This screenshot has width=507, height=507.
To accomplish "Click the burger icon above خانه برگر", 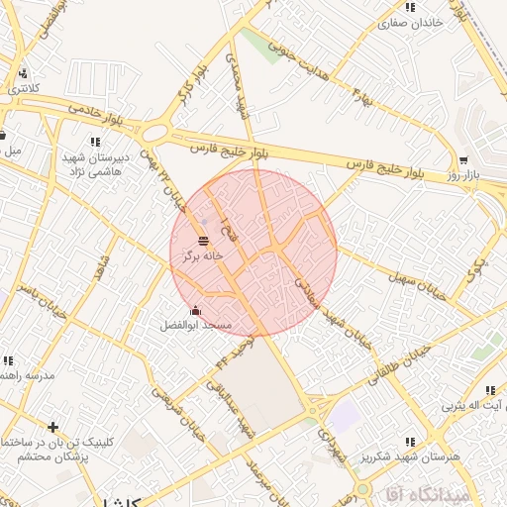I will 203,241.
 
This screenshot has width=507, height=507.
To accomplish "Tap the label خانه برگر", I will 203,255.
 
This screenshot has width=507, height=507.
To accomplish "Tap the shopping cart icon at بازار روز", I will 463,160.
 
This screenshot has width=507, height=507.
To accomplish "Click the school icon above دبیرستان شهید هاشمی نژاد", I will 95,142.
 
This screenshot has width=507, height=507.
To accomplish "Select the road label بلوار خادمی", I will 97,110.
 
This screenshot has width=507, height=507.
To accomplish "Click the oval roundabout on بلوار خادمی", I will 155,133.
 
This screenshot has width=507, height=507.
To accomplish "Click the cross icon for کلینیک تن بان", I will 52,428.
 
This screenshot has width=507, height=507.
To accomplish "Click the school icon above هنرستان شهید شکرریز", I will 410,441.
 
